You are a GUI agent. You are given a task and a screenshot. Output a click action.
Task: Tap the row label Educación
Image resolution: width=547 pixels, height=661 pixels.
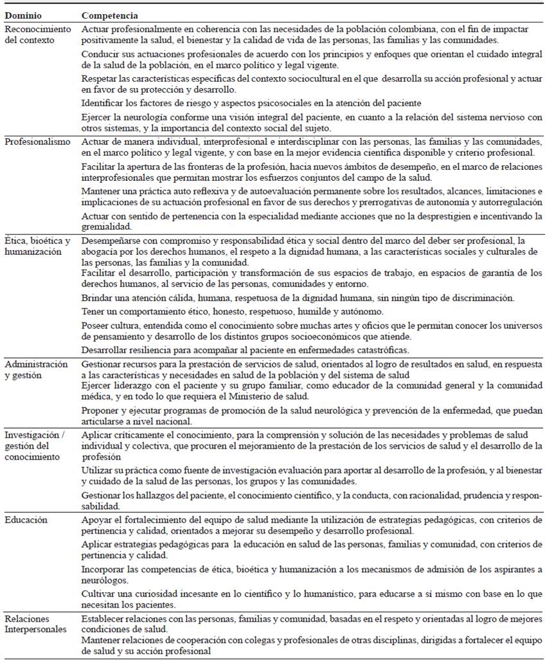(26, 519)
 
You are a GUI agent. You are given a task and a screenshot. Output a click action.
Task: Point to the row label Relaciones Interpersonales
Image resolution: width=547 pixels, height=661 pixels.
(35, 624)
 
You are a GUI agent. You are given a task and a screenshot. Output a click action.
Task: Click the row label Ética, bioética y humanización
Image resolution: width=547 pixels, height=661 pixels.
(37, 247)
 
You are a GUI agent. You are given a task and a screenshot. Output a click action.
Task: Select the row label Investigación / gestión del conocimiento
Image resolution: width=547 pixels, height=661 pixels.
(35, 447)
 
